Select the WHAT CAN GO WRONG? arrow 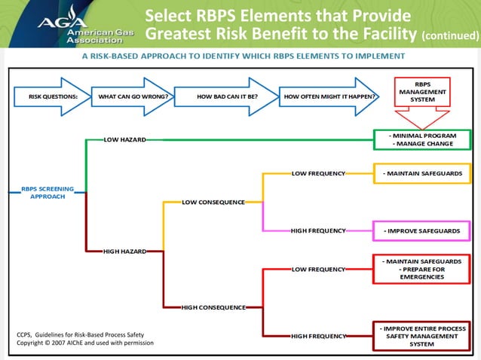[x=133, y=96]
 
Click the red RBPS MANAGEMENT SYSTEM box [x=422, y=93]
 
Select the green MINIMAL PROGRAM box [x=422, y=139]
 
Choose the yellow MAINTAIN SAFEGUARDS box [x=422, y=174]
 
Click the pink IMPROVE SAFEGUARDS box [x=422, y=230]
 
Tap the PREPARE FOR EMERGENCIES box [x=422, y=269]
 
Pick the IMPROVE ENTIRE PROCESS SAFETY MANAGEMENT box [x=422, y=336]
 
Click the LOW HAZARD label [x=124, y=139]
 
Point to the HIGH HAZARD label [x=124, y=250]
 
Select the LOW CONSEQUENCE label [x=213, y=202]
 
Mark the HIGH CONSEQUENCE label [x=213, y=307]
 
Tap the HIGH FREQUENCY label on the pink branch [x=318, y=230]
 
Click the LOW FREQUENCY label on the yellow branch [x=318, y=174]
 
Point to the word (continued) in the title [x=449, y=35]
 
